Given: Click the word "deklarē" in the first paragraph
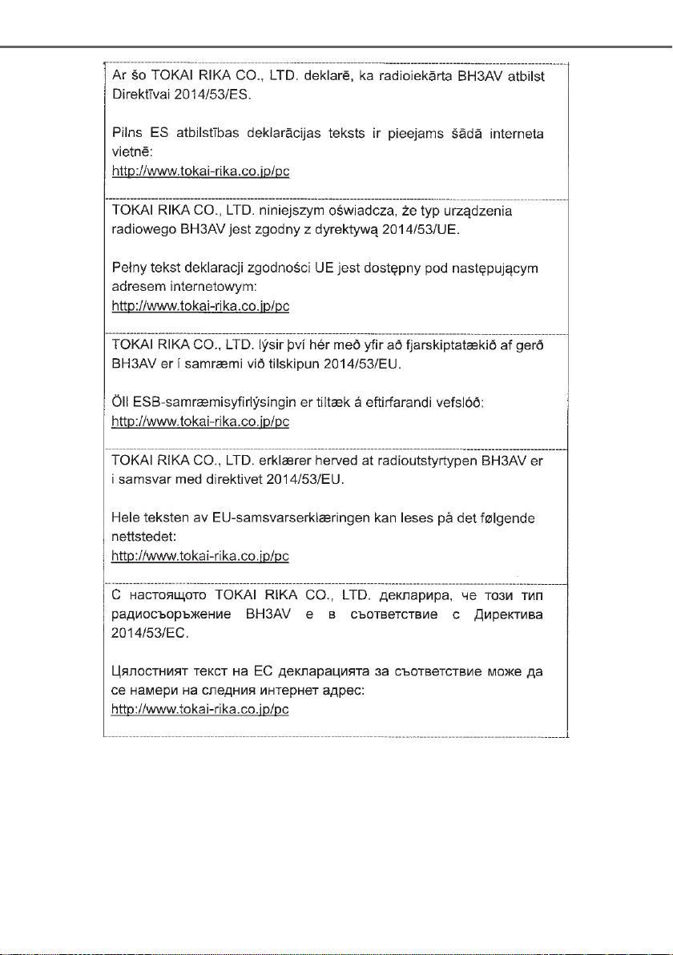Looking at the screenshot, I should (x=304, y=77).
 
